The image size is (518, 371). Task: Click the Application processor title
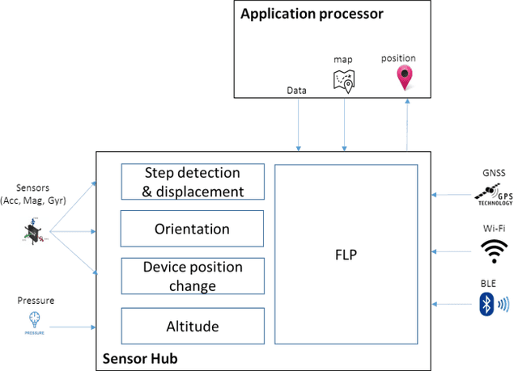coord(311,14)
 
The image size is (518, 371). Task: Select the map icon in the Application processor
coord(344,80)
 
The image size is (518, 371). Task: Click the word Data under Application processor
coord(296,91)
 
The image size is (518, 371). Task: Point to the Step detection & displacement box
coord(193,182)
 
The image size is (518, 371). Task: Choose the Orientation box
coord(193,229)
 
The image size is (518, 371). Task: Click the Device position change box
coord(193,276)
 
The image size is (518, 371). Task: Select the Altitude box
coord(193,326)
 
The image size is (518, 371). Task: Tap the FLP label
coord(346,254)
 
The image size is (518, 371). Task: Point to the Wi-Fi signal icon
coord(489,252)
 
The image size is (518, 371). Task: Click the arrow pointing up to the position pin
coord(405,124)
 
